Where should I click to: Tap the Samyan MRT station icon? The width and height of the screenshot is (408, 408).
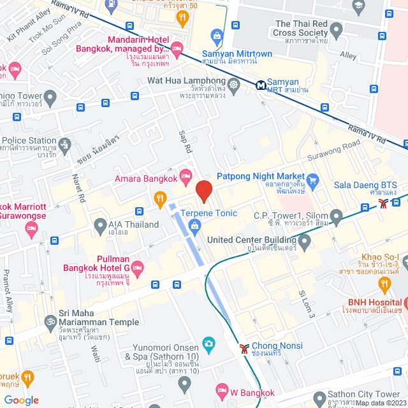pyautogui.click(x=260, y=84)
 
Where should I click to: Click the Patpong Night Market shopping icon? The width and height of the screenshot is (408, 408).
pyautogui.click(x=312, y=178)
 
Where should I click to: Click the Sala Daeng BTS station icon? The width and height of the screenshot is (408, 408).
pyautogui.click(x=383, y=203)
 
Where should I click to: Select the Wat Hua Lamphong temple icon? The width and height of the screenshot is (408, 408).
pyautogui.click(x=235, y=84)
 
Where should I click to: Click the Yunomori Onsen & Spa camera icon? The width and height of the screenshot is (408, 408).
pyautogui.click(x=208, y=345)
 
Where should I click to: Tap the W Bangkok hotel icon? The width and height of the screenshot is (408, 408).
pyautogui.click(x=222, y=390)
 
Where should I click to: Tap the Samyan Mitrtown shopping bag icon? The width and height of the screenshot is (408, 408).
pyautogui.click(x=217, y=35)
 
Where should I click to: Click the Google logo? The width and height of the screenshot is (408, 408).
pyautogui.click(x=22, y=400)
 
